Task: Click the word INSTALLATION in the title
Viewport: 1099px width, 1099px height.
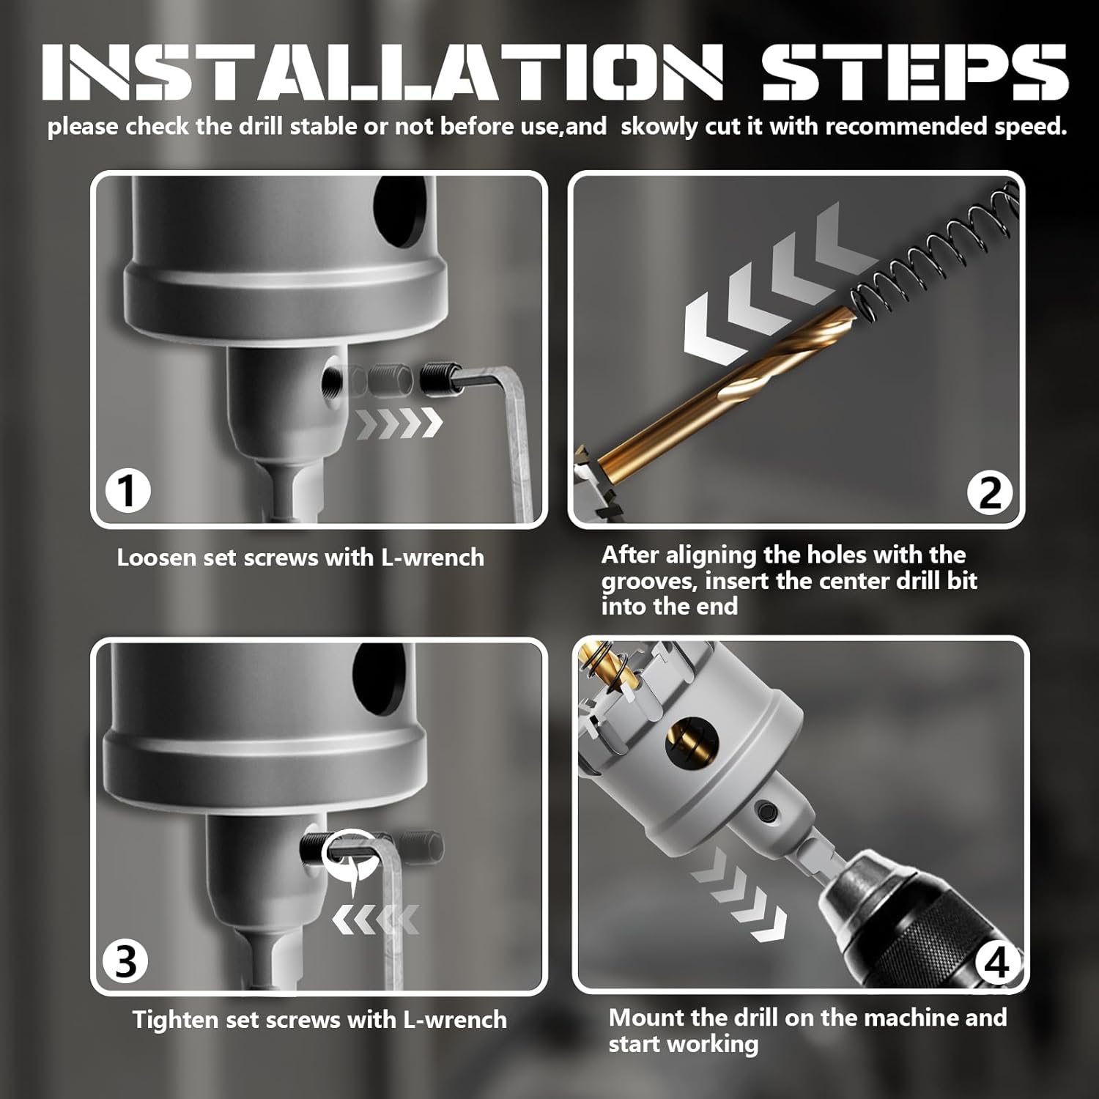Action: pos(382,71)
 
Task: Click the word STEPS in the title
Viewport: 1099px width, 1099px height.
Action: pos(915,71)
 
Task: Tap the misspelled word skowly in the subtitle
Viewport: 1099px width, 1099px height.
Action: pos(659,127)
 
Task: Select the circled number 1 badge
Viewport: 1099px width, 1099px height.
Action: pos(127,489)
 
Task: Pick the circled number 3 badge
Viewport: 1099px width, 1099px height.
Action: pos(125,961)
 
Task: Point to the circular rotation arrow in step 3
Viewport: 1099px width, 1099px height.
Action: pos(352,856)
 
